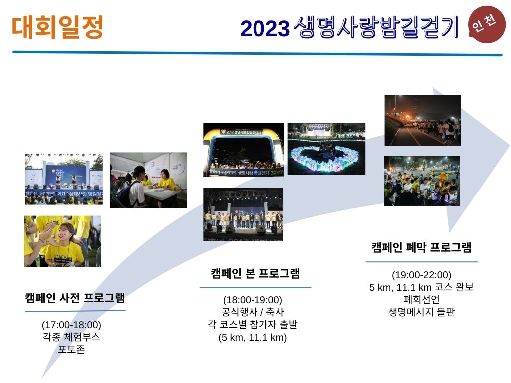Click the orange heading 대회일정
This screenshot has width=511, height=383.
click(57, 27)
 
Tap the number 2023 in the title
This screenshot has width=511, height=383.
click(264, 28)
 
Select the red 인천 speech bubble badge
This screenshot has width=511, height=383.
click(486, 24)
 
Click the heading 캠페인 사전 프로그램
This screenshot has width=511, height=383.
click(75, 298)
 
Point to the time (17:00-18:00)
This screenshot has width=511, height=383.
click(71, 325)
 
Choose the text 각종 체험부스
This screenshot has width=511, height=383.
click(71, 337)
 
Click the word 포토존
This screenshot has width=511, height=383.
click(71, 349)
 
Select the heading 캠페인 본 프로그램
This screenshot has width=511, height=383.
click(255, 273)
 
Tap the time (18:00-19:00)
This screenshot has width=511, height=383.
click(253, 300)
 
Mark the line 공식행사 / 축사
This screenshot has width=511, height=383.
click(253, 312)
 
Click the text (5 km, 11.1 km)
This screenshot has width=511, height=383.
click(253, 337)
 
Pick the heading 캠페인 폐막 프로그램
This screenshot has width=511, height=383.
click(421, 247)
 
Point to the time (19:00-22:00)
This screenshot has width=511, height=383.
click(421, 275)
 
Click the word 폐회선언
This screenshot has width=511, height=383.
click(421, 299)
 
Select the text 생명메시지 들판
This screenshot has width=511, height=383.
click(421, 312)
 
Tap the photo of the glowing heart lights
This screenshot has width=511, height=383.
click(326, 149)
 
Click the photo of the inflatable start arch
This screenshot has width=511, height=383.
click(244, 150)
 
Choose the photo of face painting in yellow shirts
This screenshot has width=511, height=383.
click(62, 241)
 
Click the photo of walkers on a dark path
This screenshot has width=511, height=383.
click(422, 120)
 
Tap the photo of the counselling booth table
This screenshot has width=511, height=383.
click(148, 180)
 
